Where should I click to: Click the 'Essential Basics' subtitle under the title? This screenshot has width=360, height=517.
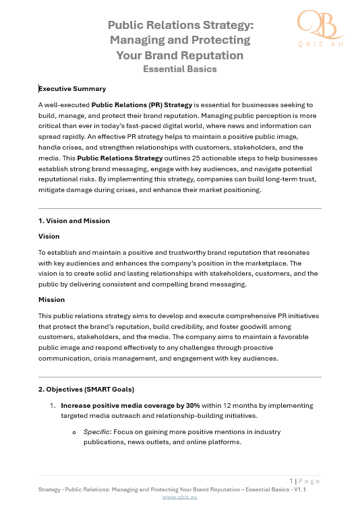pos(179,68)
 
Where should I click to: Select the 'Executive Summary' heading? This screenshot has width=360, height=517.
pos(72,88)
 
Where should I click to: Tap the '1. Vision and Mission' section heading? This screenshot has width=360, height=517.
pos(74,220)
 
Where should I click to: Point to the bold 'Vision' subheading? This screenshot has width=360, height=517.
pos(49,236)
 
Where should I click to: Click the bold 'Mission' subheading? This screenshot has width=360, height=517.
pos(51,299)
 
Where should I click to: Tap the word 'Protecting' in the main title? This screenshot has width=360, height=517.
pos(220,40)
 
